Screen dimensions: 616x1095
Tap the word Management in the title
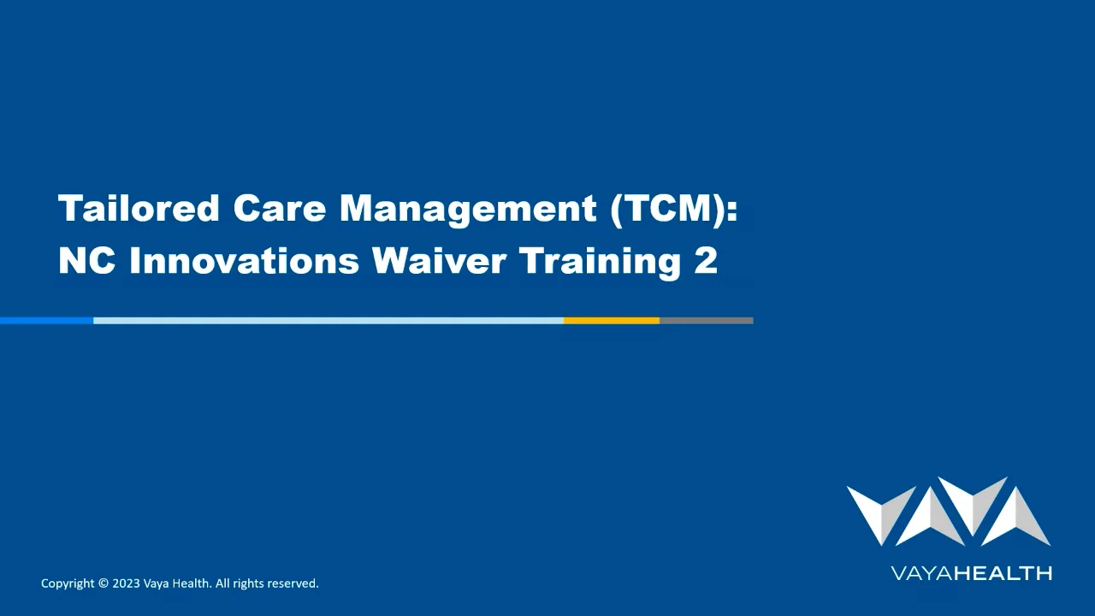(468, 209)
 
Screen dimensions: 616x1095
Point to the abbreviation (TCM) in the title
(674, 209)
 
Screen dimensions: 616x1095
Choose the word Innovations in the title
(244, 260)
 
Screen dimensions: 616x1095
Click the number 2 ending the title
(706, 260)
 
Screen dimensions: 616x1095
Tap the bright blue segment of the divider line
(46, 321)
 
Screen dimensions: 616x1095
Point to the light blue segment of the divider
(328, 321)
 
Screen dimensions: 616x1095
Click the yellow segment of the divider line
(611, 321)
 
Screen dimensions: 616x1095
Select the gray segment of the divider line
(706, 321)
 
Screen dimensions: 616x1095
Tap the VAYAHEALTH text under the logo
(971, 573)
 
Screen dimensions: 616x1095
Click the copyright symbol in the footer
(104, 583)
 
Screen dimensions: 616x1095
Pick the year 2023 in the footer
(126, 583)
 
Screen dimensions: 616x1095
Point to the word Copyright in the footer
(68, 583)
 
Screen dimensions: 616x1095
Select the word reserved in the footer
(293, 583)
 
